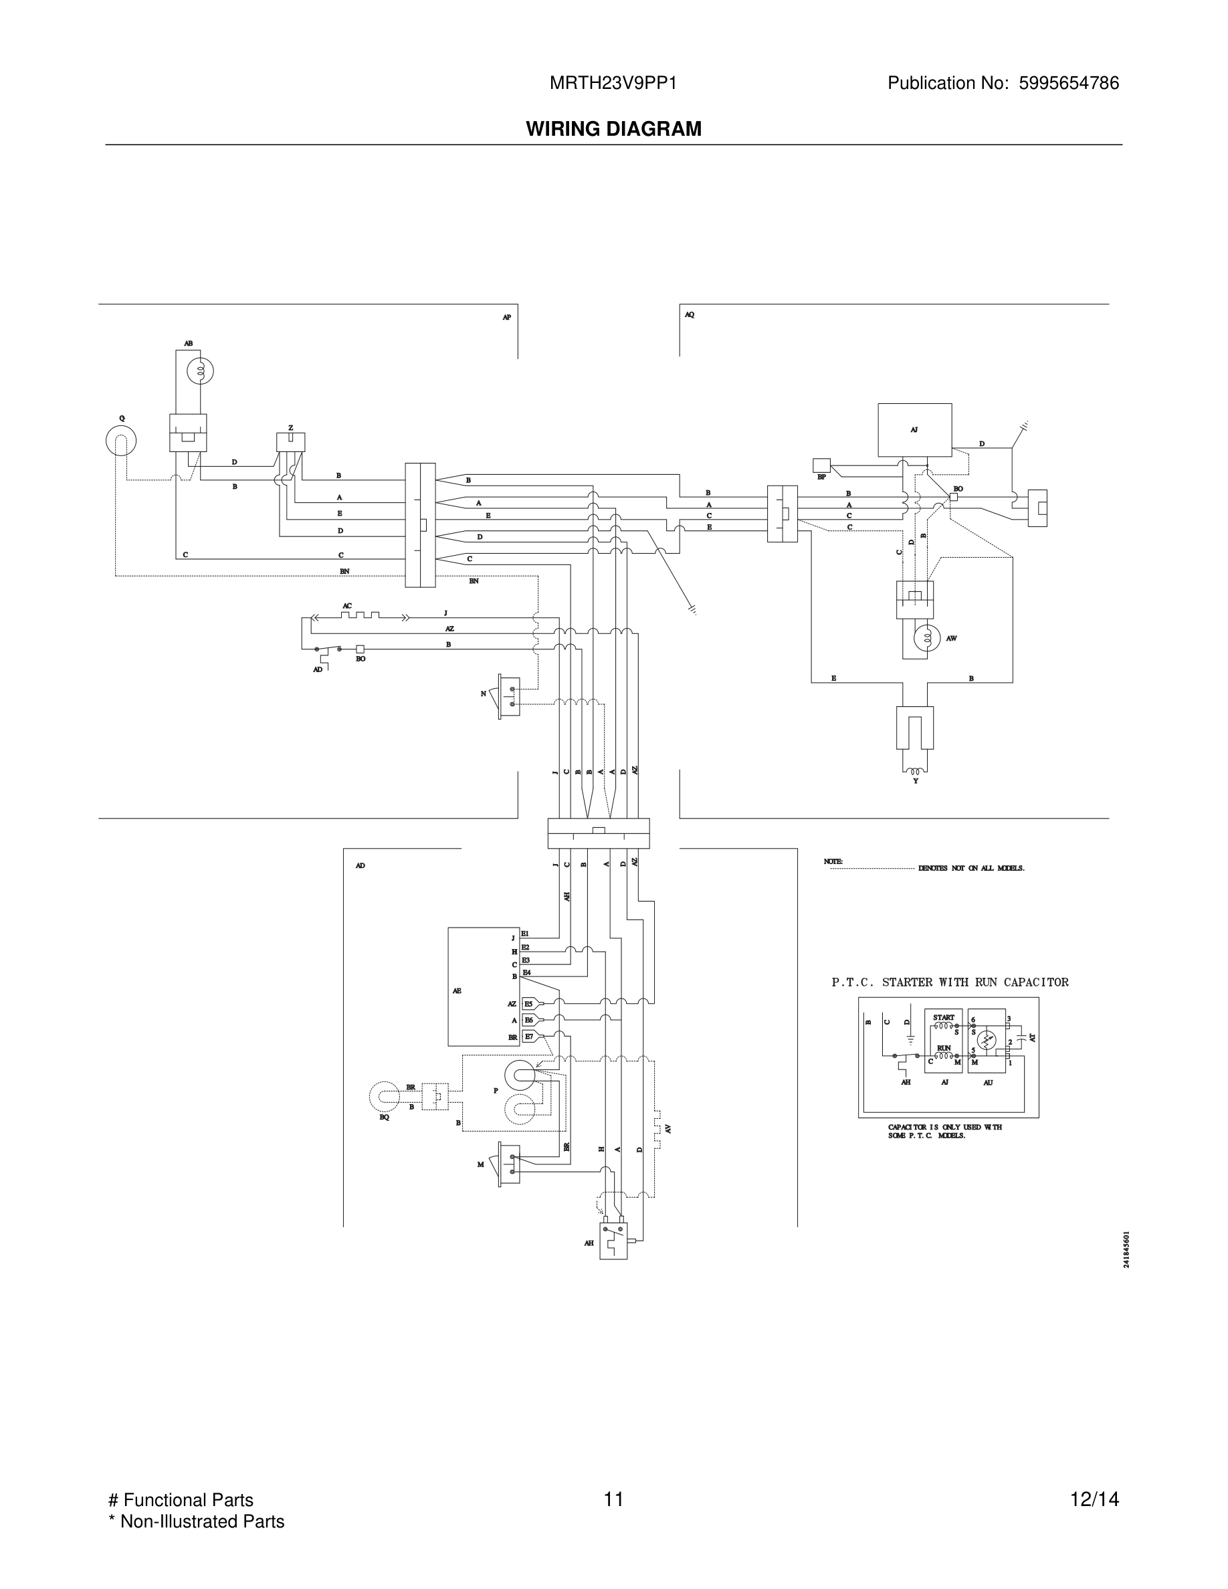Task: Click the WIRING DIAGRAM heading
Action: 613,129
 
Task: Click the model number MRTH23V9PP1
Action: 613,83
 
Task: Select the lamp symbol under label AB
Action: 199,372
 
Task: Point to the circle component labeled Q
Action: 121,440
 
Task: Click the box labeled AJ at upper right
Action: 914,429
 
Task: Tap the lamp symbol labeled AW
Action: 927,639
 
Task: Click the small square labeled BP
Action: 821,465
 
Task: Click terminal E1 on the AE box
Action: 524,934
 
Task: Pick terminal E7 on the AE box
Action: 529,1036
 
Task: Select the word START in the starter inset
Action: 943,1017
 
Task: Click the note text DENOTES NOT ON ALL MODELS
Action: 970,868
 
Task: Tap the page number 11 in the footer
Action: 613,1499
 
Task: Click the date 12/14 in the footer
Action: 1094,1499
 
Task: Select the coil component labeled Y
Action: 914,771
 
